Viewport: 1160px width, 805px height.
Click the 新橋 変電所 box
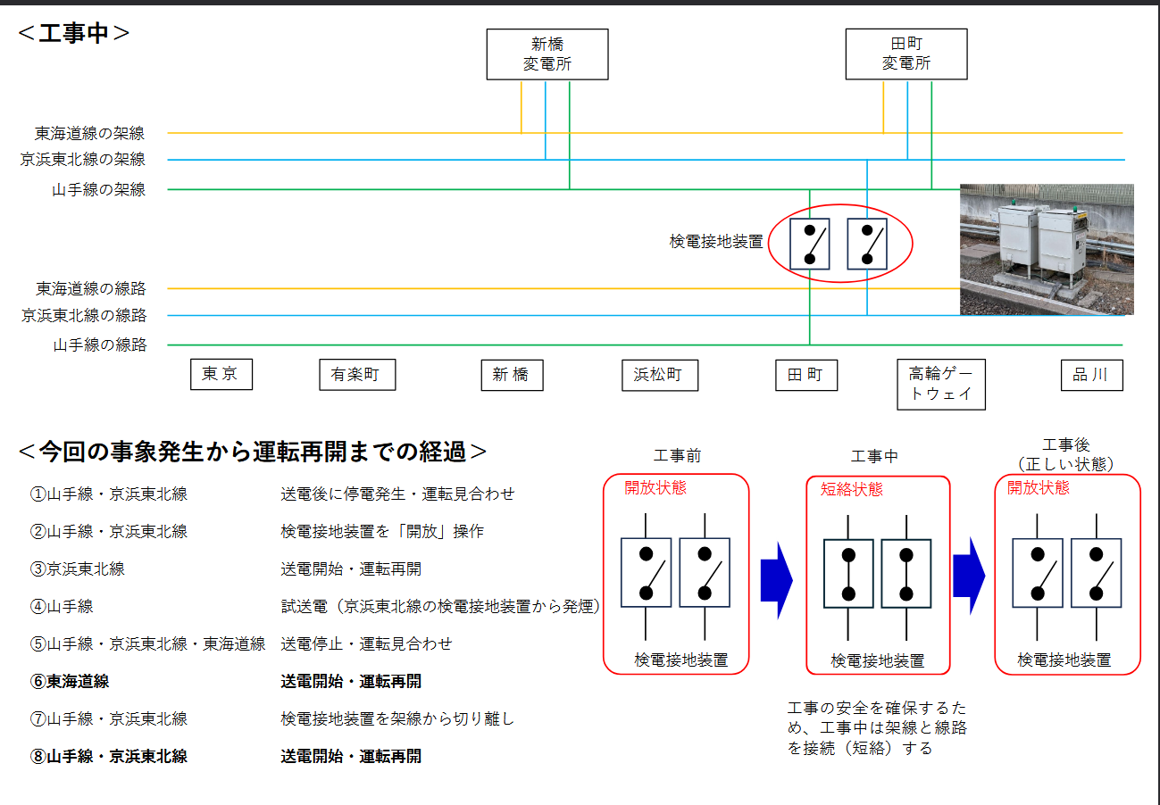coord(547,54)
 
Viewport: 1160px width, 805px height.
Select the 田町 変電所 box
coord(905,54)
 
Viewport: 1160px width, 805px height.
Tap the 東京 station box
coord(221,375)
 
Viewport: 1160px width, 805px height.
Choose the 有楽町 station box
coord(356,375)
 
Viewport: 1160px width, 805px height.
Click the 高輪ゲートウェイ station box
coord(940,385)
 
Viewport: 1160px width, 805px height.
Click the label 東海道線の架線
coord(89,134)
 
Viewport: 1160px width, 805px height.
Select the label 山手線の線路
coord(99,345)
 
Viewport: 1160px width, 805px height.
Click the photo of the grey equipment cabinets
coord(1046,250)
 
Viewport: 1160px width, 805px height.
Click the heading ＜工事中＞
coord(74,34)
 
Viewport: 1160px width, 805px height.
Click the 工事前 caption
coord(678,456)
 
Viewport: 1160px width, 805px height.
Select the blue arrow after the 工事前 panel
coord(776,578)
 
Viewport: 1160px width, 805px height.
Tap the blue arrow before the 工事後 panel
coord(969,578)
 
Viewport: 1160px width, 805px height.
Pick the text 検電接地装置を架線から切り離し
coord(397,719)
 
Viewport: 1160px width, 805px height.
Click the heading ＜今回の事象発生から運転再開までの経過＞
coord(253,452)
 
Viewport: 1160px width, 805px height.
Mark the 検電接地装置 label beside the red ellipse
coord(716,242)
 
